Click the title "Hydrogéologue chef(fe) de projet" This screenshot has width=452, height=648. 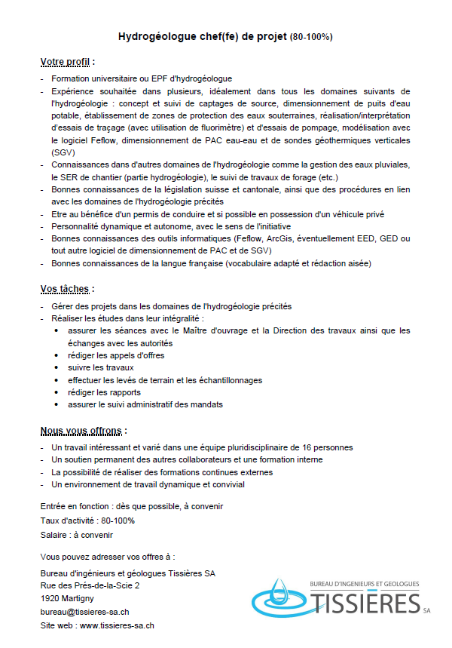tap(203, 36)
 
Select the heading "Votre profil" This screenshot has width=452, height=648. tap(66, 61)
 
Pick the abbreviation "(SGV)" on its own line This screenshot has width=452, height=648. tap(64, 152)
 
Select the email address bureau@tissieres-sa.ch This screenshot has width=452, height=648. tap(84, 612)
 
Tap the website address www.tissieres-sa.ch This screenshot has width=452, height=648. tap(117, 625)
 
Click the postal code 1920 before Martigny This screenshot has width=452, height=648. tap(50, 599)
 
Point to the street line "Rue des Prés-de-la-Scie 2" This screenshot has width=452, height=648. tap(90, 585)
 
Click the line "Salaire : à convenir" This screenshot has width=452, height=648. tap(76, 535)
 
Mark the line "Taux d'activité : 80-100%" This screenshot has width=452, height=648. tap(87, 521)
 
